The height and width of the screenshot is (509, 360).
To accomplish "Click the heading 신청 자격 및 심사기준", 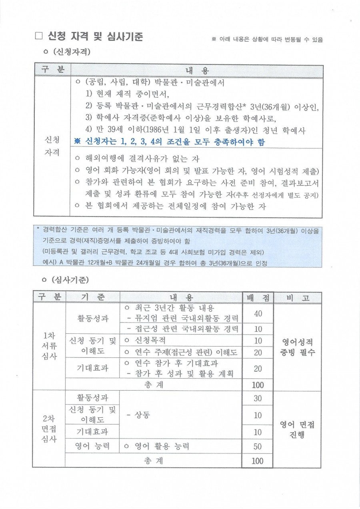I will (x=95, y=36).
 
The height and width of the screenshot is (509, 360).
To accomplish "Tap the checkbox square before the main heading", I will (x=39, y=36).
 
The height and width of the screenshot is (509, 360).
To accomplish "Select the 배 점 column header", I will (x=258, y=297).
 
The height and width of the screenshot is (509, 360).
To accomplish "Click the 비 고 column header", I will (x=297, y=297).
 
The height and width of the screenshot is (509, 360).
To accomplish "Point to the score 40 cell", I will (x=258, y=313).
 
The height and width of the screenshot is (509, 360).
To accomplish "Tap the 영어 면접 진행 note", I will (x=297, y=429).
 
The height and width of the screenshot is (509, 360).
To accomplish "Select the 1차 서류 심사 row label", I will (x=49, y=347).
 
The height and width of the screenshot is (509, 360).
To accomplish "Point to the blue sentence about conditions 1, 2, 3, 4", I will (x=170, y=142).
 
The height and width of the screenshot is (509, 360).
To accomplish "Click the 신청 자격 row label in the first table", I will (x=52, y=146).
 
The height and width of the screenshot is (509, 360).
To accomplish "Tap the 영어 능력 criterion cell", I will (x=92, y=446).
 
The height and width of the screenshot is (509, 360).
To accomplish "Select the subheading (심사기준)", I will (x=66, y=279).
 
